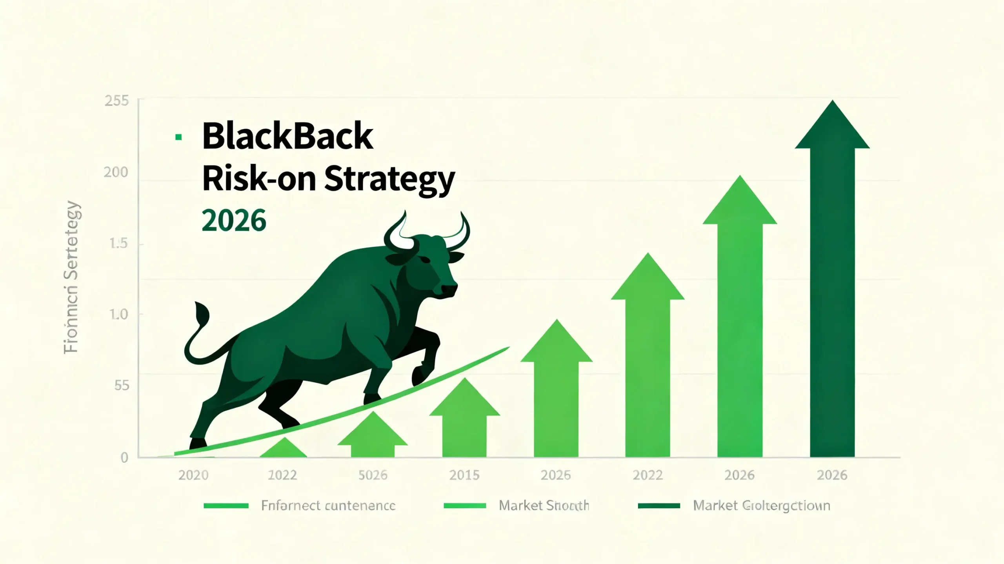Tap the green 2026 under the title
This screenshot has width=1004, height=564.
tap(234, 220)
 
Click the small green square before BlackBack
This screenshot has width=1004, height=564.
tap(178, 137)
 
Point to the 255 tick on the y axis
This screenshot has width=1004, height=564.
tap(116, 101)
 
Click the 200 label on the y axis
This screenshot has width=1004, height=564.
tap(116, 172)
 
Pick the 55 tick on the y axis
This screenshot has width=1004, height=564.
tap(122, 386)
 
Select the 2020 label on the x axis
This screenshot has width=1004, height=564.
tap(193, 475)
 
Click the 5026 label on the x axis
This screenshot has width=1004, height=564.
tap(373, 475)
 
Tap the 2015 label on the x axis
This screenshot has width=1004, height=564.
tap(464, 475)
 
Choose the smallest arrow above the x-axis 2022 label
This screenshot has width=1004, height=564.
tap(284, 449)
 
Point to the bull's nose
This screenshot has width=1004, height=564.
tap(449, 289)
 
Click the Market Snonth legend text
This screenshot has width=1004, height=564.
tap(544, 506)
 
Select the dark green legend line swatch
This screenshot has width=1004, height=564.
tap(658, 506)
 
